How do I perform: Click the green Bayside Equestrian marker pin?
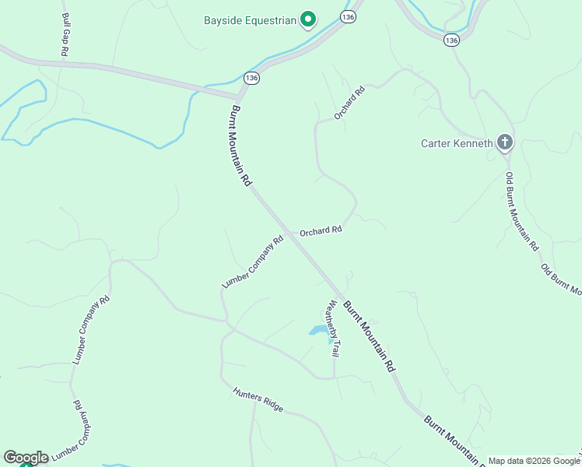307,19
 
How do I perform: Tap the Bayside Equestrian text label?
251,20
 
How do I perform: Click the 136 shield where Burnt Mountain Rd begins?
251,78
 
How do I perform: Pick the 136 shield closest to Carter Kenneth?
452,39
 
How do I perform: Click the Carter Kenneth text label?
457,143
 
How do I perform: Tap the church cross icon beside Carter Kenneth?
504,142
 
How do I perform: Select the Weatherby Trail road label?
332,328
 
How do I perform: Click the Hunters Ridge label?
258,397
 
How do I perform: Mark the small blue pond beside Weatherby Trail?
320,332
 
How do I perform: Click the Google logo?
25,458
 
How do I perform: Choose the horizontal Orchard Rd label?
321,230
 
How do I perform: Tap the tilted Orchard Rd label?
349,103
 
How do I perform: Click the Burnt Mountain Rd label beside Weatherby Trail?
369,335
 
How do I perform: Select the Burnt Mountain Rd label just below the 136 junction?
240,146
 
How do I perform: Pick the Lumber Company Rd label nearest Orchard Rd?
253,263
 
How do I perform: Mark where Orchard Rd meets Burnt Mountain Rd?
289,232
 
